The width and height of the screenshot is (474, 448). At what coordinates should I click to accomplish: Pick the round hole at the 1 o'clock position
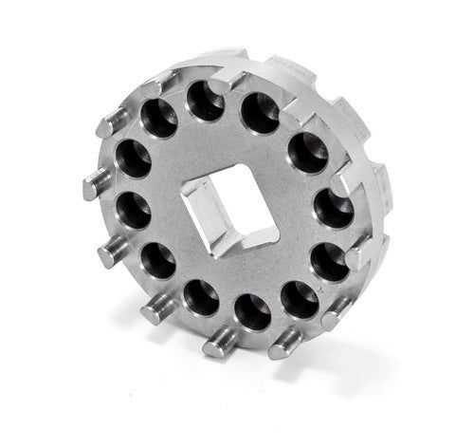click(x=260, y=112)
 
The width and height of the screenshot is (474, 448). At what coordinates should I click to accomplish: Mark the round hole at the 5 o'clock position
click(x=300, y=297)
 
